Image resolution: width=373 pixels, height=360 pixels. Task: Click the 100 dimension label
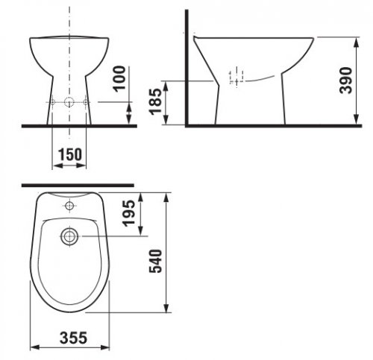point(119,79)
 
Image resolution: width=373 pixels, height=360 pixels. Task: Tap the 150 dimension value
point(70,154)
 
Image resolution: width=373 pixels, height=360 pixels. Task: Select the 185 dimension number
point(156,101)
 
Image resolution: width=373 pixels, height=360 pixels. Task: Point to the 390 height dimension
point(346,80)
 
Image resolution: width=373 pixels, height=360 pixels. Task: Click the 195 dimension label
point(129,213)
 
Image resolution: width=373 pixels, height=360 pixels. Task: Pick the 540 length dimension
point(156,261)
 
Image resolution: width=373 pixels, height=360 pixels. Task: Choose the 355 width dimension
point(74,338)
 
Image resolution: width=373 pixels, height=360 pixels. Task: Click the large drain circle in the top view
point(69,236)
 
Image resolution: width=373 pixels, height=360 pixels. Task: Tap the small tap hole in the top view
point(69,206)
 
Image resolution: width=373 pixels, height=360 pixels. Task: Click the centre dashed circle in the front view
point(69,102)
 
